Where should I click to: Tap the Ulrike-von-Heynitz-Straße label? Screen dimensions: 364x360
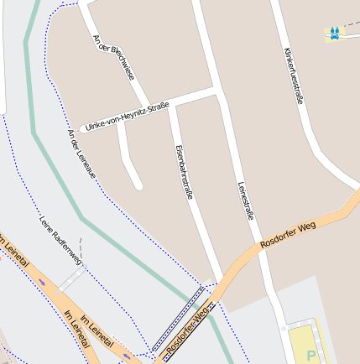128,116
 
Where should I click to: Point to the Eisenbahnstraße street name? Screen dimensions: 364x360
184,171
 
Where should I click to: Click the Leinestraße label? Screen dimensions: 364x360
245,200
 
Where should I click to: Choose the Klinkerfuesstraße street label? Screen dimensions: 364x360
294,75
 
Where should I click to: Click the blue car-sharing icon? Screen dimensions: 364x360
335,33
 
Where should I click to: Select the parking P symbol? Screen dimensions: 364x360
311,356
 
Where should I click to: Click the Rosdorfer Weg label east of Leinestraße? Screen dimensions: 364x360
288,234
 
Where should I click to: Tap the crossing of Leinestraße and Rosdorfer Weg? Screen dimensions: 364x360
260,251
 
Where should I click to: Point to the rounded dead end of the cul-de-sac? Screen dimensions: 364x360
138,185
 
